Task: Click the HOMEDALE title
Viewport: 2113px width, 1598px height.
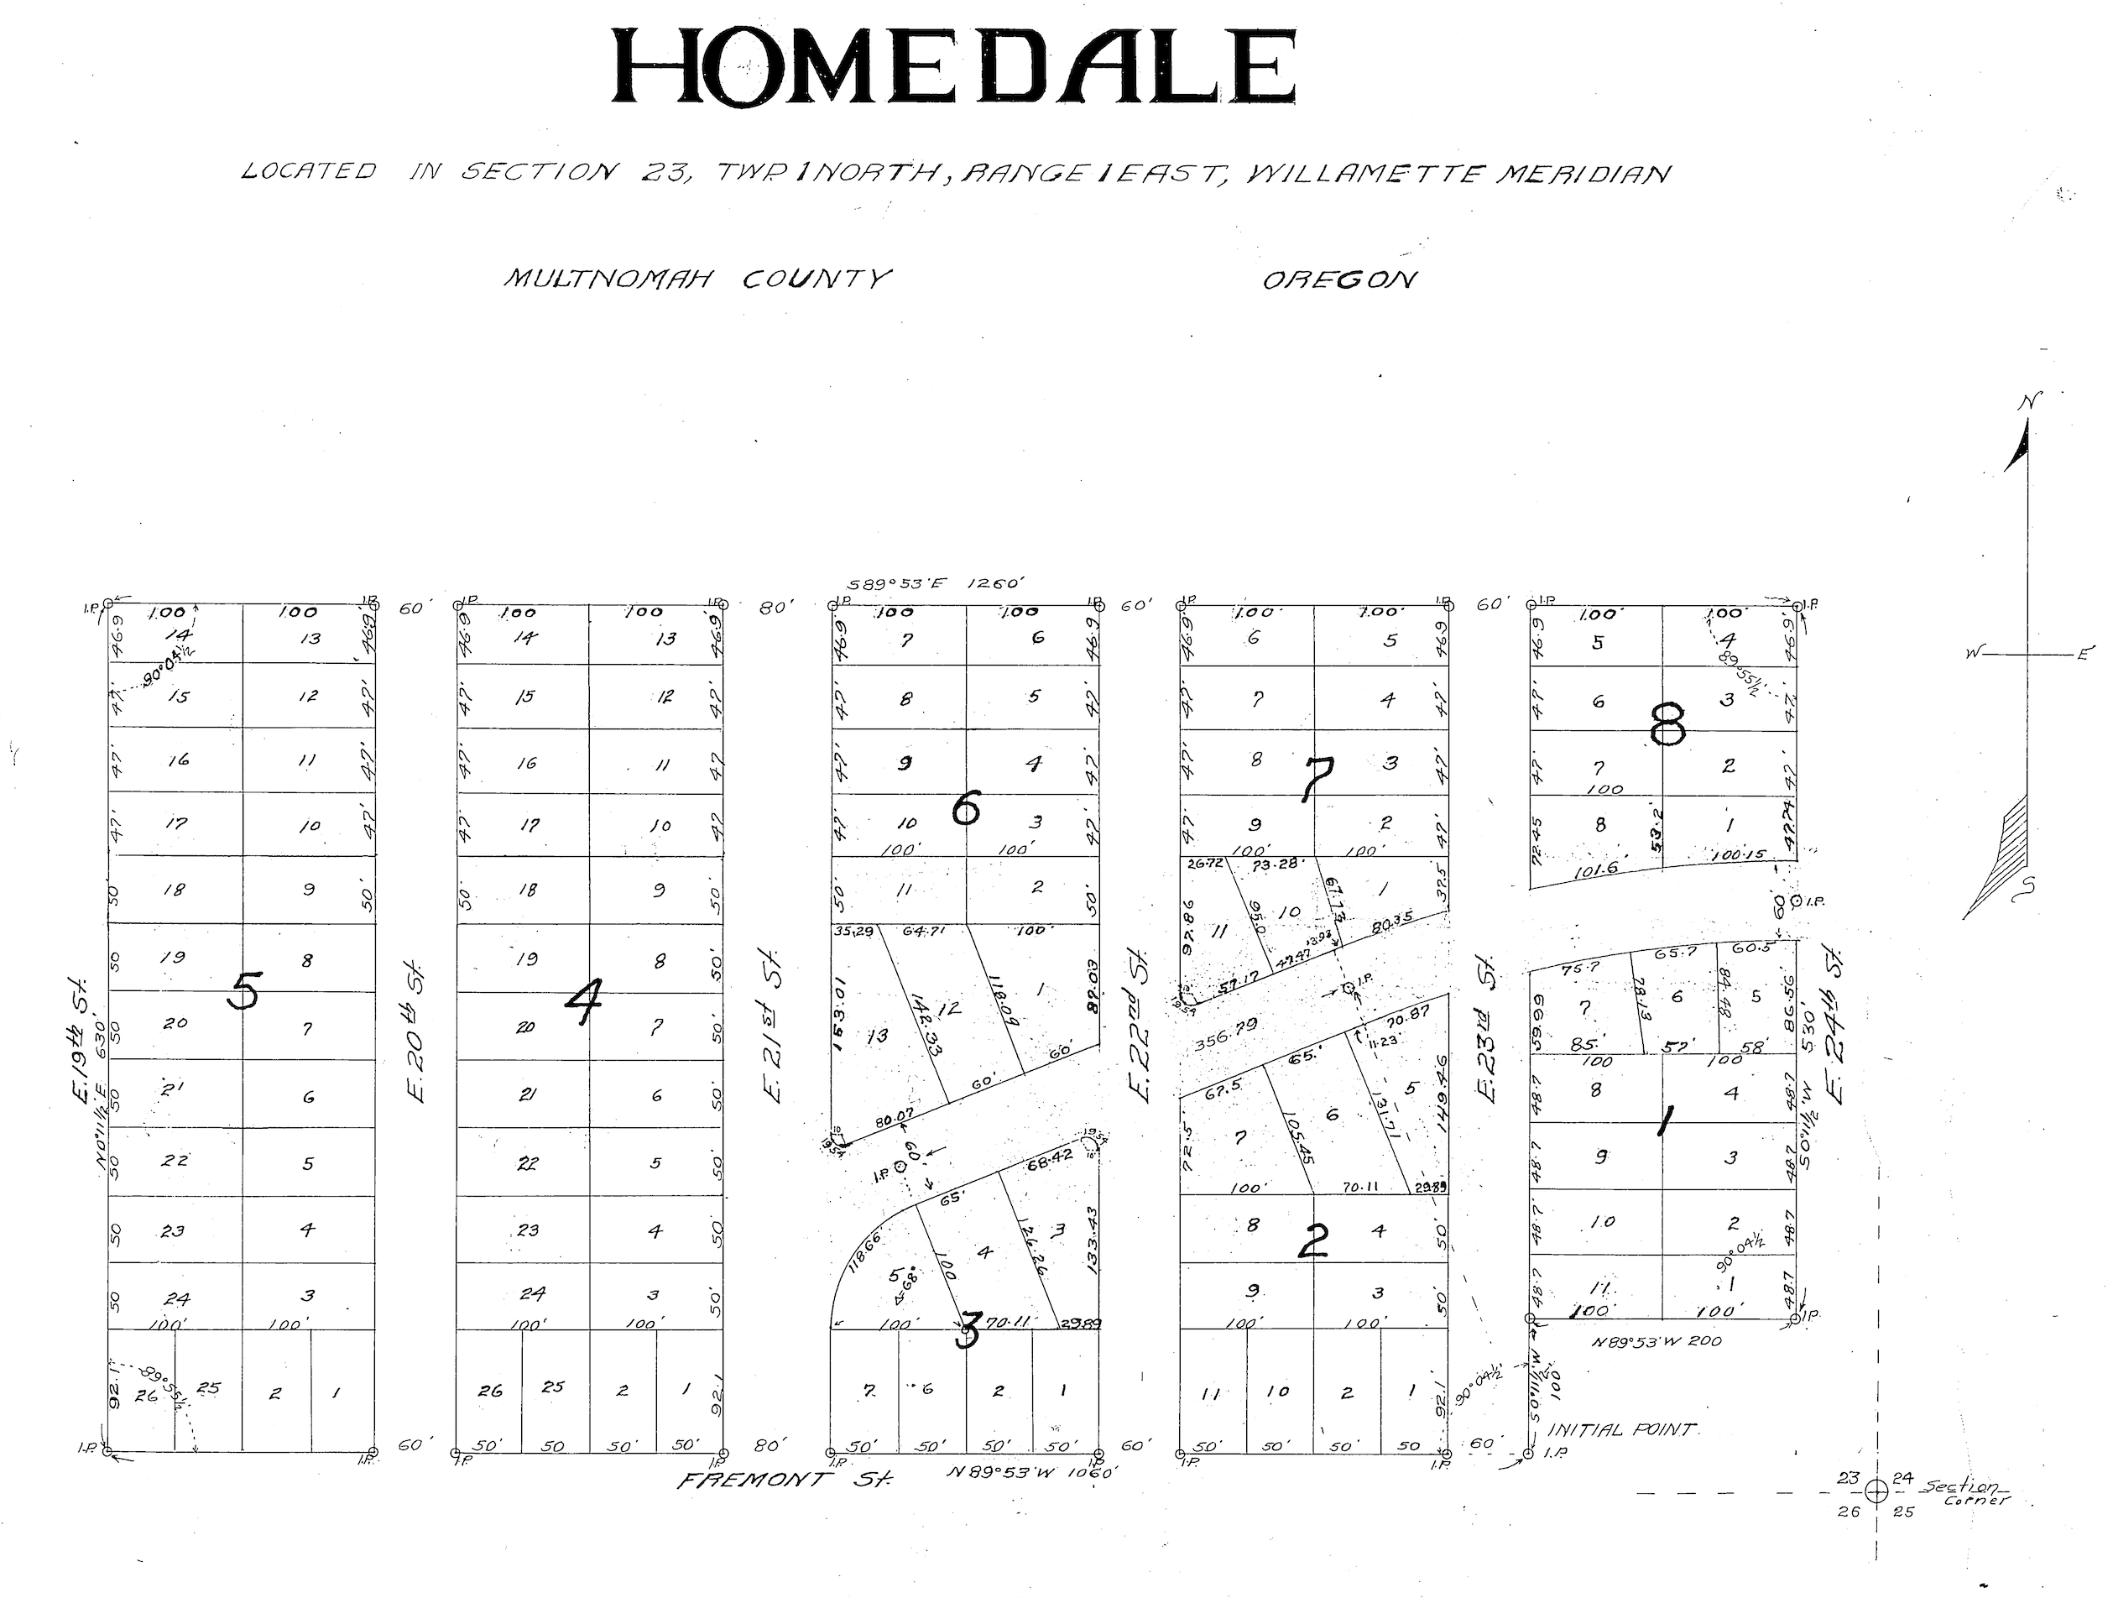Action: tap(952, 67)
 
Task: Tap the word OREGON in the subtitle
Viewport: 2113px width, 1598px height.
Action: tap(1339, 279)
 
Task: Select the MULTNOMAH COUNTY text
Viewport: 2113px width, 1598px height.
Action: tap(697, 279)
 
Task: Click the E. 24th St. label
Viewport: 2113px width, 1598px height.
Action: tap(1834, 1023)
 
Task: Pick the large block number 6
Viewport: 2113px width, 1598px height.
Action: tap(966, 811)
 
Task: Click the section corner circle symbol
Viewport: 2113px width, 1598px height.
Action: tap(1876, 1489)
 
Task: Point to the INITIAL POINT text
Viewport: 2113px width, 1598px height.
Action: tap(1620, 1430)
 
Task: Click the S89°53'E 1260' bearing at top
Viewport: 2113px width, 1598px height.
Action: tap(937, 583)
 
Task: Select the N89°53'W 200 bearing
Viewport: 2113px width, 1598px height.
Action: tap(1656, 1341)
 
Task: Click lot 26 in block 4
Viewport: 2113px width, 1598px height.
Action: tap(490, 1391)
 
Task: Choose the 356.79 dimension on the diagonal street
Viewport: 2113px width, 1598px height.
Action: tap(1225, 1035)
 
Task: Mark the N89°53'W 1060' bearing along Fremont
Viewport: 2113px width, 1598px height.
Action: tap(1031, 1472)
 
